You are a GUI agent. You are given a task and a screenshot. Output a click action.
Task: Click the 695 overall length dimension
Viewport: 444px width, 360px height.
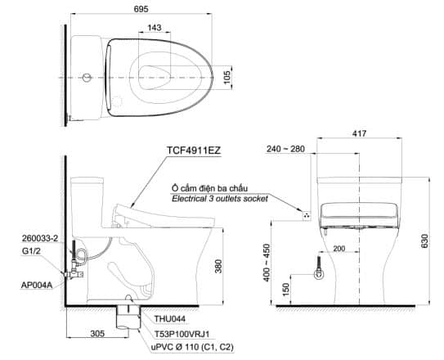point(141,9)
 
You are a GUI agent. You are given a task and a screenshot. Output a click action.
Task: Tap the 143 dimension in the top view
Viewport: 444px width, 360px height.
point(155,28)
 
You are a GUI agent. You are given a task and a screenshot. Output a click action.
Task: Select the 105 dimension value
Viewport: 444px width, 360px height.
point(227,78)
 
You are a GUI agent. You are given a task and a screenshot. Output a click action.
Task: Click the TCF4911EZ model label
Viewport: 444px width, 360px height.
point(194,150)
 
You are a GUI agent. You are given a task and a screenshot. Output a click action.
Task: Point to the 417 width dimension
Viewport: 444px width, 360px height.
point(359,133)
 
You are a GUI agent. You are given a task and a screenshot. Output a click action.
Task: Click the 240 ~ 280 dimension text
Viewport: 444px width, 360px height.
point(285,149)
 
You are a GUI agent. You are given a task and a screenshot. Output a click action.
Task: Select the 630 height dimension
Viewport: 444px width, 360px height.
point(424,241)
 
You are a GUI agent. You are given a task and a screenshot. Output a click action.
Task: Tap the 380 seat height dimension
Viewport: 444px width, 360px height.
point(218,266)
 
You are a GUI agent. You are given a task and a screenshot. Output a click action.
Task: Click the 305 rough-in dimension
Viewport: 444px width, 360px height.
point(97,333)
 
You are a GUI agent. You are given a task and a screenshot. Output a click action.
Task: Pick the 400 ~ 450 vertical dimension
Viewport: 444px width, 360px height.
point(267,263)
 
